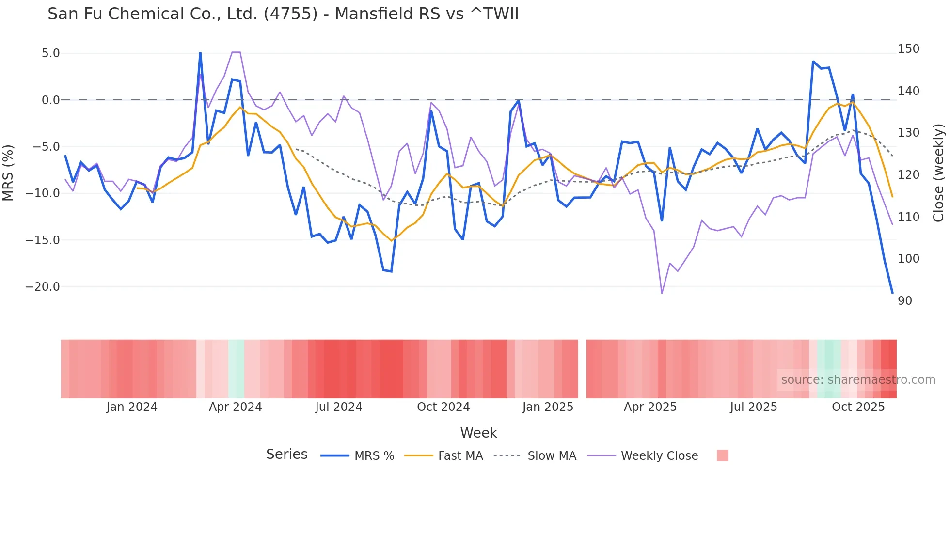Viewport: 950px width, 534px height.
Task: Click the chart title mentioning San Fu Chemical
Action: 283,14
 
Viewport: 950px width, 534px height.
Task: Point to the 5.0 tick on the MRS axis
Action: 50,53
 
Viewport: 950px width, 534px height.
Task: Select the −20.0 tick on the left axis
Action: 43,287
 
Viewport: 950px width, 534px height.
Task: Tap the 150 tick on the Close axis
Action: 908,49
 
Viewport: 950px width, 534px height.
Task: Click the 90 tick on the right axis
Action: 905,301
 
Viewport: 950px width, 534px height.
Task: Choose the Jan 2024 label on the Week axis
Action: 132,407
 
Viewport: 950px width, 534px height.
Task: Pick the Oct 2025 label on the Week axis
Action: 858,407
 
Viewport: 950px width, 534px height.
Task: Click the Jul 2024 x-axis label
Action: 339,407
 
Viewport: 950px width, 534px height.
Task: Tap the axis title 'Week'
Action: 478,433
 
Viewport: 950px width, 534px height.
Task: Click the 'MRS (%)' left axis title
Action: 8,173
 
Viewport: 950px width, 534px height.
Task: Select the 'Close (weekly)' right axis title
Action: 938,173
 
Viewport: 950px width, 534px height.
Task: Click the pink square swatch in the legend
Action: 722,455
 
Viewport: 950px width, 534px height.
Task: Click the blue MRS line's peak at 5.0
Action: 200,53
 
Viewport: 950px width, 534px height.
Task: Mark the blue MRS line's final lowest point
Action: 892,293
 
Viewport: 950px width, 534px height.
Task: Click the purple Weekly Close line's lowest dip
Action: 662,293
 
